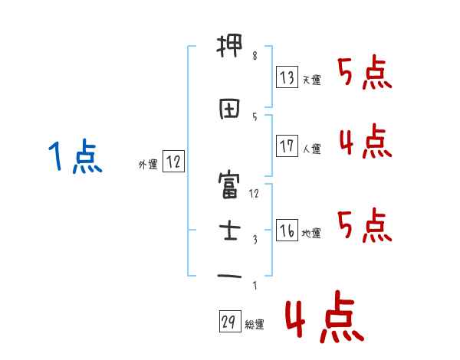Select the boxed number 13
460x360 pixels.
coord(287,77)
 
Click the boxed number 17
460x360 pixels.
coord(287,146)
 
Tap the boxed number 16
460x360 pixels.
coord(287,230)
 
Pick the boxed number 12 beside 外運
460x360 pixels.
coord(173,162)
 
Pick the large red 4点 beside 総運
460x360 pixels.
coord(324,320)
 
